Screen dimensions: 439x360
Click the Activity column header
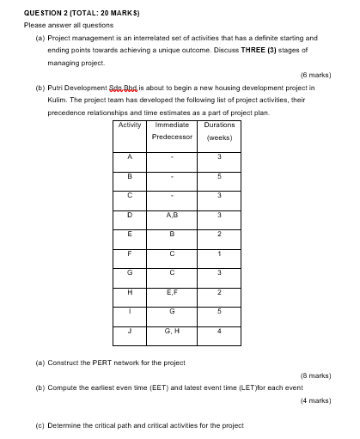point(129,125)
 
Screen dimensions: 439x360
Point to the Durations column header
point(220,125)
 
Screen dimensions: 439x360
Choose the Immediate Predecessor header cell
point(174,131)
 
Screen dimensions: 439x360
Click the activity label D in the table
point(129,215)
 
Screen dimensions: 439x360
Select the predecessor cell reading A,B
point(174,215)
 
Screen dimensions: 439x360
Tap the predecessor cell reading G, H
point(174,330)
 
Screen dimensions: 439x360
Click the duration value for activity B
point(220,176)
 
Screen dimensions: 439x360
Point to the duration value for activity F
point(220,253)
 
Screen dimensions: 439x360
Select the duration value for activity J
point(220,330)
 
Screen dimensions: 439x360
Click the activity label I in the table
point(129,311)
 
